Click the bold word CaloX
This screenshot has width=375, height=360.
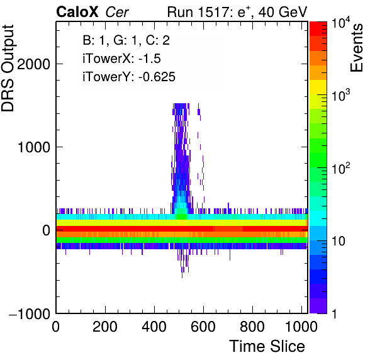77,12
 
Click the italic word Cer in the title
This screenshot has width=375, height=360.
117,12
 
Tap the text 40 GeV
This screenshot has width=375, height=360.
283,12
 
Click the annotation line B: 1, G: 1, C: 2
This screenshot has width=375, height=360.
126,40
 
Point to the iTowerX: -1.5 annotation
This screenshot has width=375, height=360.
121,59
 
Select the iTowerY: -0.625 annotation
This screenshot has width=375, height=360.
129,77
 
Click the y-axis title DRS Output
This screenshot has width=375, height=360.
8,68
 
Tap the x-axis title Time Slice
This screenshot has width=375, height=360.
267,346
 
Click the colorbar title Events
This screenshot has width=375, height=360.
357,48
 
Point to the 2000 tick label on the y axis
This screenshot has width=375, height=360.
34,64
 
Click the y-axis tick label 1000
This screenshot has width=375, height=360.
34,147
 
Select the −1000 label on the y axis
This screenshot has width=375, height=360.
30,313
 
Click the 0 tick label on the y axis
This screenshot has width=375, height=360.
46,230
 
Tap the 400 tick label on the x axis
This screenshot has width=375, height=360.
154,327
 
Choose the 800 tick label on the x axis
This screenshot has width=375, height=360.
252,327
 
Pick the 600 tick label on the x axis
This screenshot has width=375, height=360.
203,327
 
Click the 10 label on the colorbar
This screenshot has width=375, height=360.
339,241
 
